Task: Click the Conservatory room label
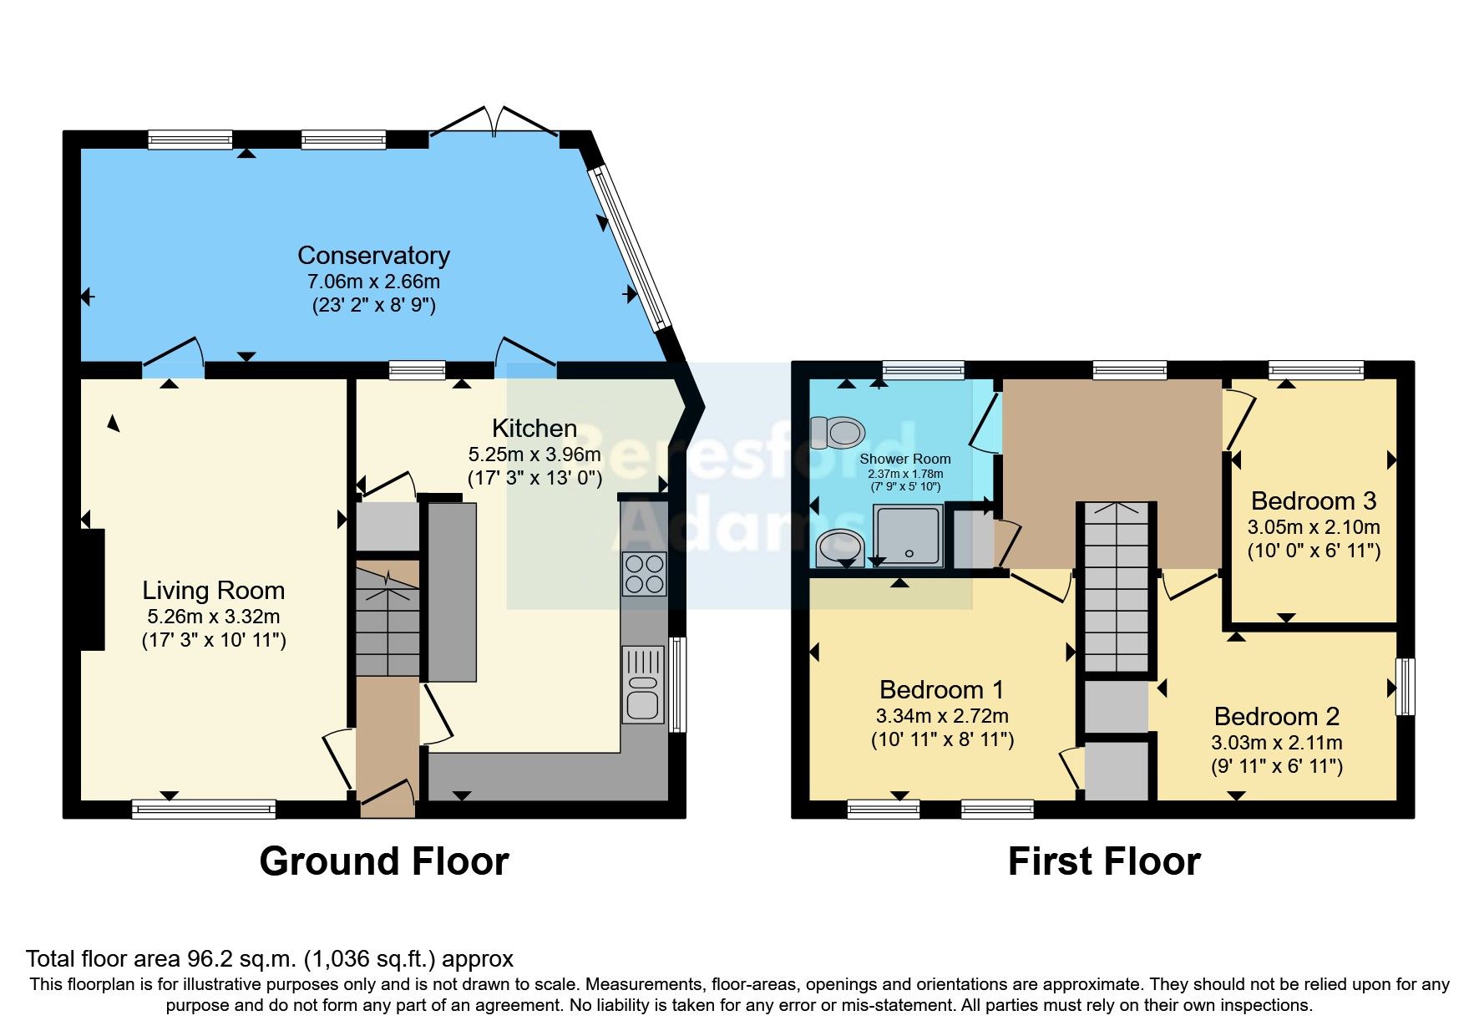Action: (x=373, y=255)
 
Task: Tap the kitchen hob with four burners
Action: (x=644, y=574)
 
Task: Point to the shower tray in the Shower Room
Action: (x=908, y=536)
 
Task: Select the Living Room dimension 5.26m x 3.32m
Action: (x=213, y=617)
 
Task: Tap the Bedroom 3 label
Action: (x=1313, y=500)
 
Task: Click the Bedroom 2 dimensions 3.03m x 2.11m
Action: (x=1276, y=743)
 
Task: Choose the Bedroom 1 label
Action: (x=941, y=689)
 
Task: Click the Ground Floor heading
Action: (x=383, y=861)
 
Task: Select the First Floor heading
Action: (x=1103, y=861)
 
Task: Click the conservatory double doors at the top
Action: (x=494, y=124)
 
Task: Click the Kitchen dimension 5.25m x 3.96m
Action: (x=534, y=455)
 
